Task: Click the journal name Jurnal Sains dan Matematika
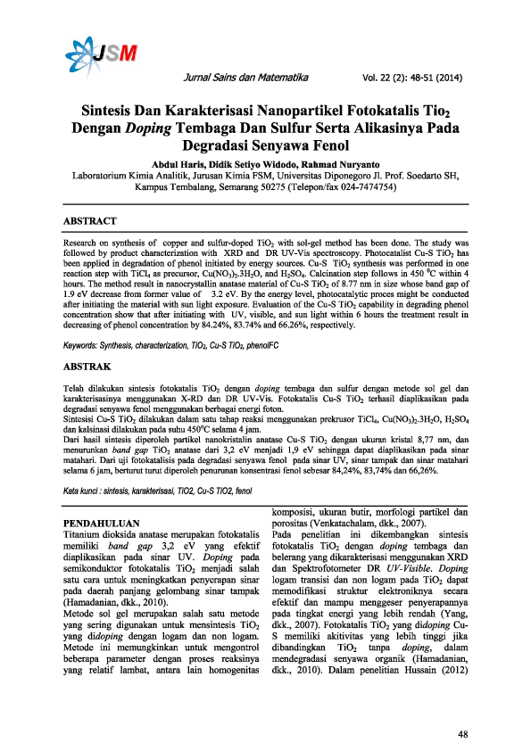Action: coord(244,78)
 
